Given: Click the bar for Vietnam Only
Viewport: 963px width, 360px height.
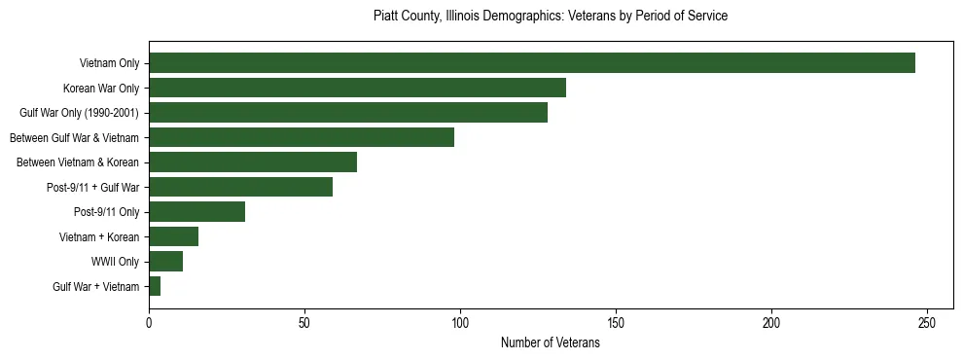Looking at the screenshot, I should (532, 63).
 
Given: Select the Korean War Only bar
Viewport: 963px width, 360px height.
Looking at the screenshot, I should (357, 88).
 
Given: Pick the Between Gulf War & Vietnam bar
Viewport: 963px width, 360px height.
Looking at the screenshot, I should (302, 137).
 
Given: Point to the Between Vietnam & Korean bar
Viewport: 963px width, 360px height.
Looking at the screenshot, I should (253, 162).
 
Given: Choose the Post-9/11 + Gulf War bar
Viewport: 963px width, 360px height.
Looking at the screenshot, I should (240, 187).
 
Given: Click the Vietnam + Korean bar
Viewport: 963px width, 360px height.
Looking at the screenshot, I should (173, 236).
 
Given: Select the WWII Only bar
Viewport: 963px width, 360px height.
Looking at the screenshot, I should (165, 262).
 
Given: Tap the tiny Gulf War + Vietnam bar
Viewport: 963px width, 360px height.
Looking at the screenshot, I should (155, 286).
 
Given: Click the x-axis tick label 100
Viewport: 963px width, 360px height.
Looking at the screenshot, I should (460, 322).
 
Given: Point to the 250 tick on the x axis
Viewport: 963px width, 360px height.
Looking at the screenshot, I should (927, 322).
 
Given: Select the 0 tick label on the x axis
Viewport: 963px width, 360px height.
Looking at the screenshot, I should (149, 322).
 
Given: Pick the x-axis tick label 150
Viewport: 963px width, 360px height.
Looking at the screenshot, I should (616, 322).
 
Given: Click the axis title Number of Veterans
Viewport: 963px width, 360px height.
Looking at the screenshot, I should (551, 343).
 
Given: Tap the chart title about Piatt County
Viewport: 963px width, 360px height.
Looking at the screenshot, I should (551, 17).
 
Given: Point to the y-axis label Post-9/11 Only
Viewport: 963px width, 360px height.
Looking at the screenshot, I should (106, 212).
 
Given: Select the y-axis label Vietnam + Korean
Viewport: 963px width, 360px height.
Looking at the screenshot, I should (101, 236).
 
